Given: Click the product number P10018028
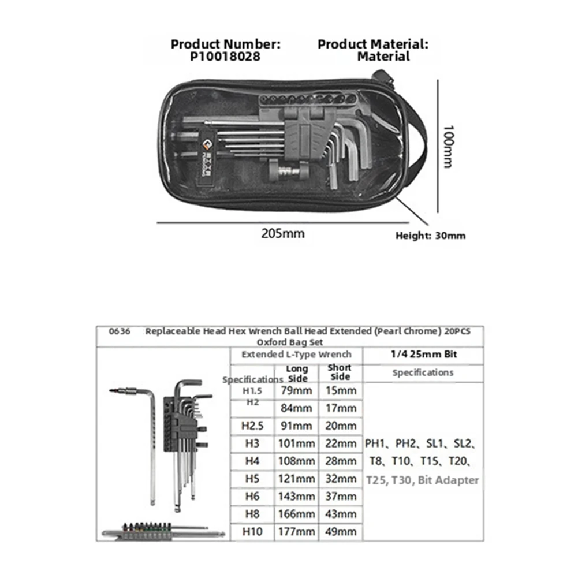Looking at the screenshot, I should pyautogui.click(x=225, y=57).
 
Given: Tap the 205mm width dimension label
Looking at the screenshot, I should pyautogui.click(x=282, y=234).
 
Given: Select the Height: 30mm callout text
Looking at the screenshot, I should pyautogui.click(x=430, y=236).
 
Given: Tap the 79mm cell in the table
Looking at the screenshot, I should pyautogui.click(x=296, y=390).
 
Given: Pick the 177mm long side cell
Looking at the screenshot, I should pyautogui.click(x=296, y=531).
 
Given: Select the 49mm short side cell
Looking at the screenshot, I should pyautogui.click(x=341, y=531).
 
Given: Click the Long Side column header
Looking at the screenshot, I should pyautogui.click(x=297, y=373).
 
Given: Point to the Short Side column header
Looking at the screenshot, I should pyautogui.click(x=340, y=372).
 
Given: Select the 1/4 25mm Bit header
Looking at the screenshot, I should pyautogui.click(x=423, y=355).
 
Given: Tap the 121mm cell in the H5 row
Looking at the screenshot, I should pyautogui.click(x=296, y=479).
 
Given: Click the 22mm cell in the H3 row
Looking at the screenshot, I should pyautogui.click(x=341, y=443).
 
